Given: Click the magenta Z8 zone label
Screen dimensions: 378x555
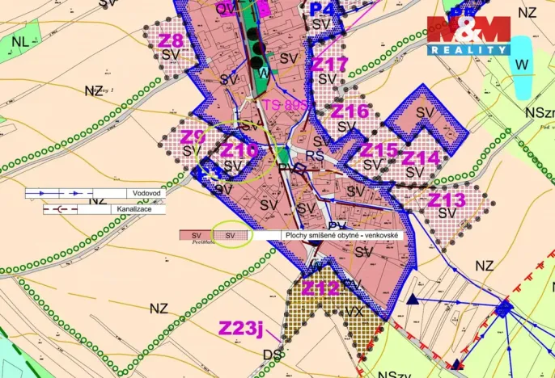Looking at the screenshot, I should (x=172, y=40).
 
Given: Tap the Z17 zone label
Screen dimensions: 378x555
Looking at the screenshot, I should (x=330, y=64).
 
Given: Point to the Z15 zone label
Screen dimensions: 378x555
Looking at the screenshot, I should (x=379, y=150).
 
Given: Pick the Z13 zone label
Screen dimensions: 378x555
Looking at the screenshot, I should (x=447, y=199).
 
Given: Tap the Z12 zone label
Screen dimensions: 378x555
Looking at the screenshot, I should (x=321, y=288).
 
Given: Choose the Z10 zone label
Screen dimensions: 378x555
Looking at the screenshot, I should (x=239, y=150).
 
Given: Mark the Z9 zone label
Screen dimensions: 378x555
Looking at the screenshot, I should (x=193, y=136).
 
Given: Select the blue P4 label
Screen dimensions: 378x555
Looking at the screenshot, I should (x=322, y=9).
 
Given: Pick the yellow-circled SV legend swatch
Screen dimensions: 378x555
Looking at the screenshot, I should (x=231, y=235).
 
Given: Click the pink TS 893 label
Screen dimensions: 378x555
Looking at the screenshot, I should (x=285, y=104).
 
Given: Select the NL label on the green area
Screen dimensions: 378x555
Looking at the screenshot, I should (x=20, y=40).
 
